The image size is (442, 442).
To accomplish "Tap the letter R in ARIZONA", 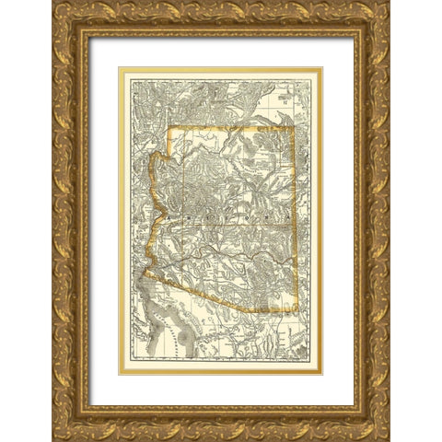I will coord(184,217).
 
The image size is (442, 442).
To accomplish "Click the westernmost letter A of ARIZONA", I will coord(168,217).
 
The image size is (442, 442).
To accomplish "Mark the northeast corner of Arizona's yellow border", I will coord(292,127).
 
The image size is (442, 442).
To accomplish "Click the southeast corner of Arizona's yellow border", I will coord(294,310).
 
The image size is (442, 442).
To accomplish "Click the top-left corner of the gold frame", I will coord(53,3).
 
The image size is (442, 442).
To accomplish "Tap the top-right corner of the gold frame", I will coord(389,3).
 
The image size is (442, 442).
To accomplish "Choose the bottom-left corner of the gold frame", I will coord(53,439).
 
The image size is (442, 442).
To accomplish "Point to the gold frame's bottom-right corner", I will coord(389,439).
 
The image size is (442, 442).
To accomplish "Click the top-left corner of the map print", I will coord(122,70).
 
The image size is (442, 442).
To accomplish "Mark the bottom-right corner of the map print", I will coord(320,372).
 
